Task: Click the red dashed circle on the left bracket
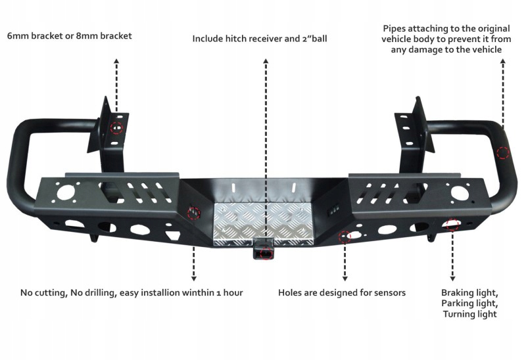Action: (x=116, y=127)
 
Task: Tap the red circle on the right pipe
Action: (x=503, y=154)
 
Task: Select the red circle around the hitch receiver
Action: (x=266, y=252)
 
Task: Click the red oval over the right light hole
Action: (x=452, y=225)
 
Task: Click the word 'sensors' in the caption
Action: (x=389, y=292)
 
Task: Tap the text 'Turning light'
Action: (x=469, y=315)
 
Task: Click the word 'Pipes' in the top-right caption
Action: (x=394, y=28)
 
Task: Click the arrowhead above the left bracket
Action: (x=116, y=60)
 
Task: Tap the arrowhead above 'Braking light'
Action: (x=452, y=279)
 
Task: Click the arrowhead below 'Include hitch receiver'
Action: (x=266, y=60)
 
